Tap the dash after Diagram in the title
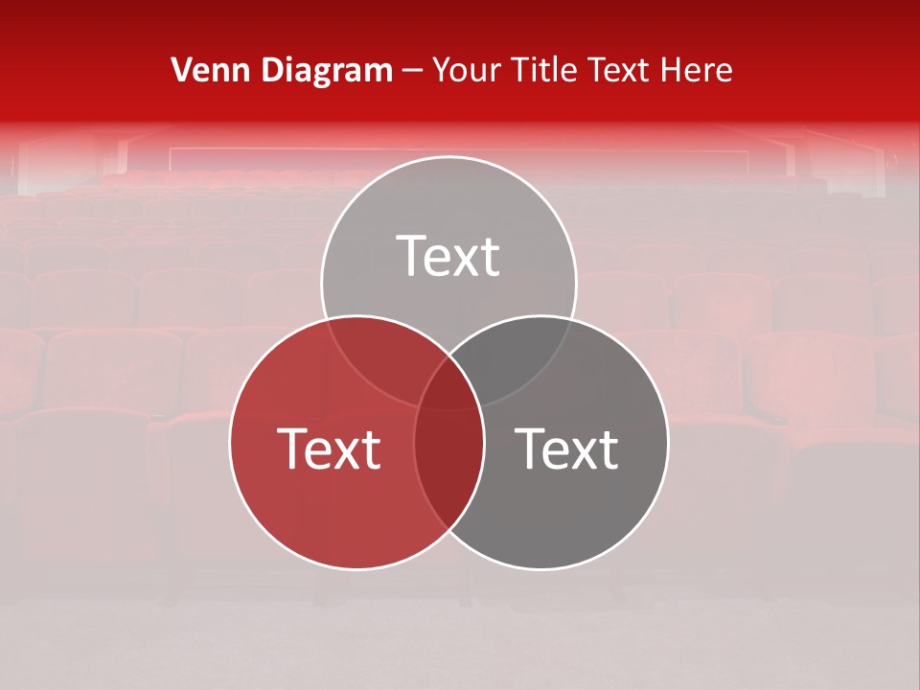(413, 71)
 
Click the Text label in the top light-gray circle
(448, 256)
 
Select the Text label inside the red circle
(329, 448)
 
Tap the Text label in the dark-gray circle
(566, 448)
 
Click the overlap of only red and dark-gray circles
(448, 470)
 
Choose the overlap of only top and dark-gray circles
(517, 350)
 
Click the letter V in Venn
(180, 70)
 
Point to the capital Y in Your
(442, 70)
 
